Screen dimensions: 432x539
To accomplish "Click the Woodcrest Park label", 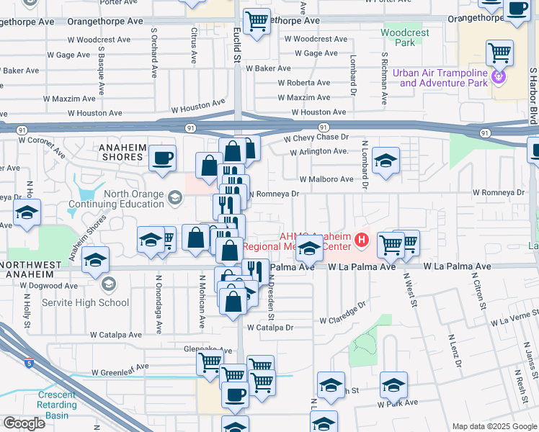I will pyautogui.click(x=405, y=37).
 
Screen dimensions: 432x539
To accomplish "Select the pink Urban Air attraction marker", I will pyautogui.click(x=497, y=76).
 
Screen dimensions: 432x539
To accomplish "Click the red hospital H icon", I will pyautogui.click(x=365, y=239).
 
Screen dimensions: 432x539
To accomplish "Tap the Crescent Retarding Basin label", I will pyautogui.click(x=56, y=405).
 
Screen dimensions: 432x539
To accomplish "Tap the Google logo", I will pyautogui.click(x=24, y=423).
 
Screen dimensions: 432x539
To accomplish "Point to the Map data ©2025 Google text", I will pyautogui.click(x=494, y=426).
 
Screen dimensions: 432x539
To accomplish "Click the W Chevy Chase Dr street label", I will pyautogui.click(x=316, y=137).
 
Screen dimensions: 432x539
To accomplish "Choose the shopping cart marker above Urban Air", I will pyautogui.click(x=499, y=52).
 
